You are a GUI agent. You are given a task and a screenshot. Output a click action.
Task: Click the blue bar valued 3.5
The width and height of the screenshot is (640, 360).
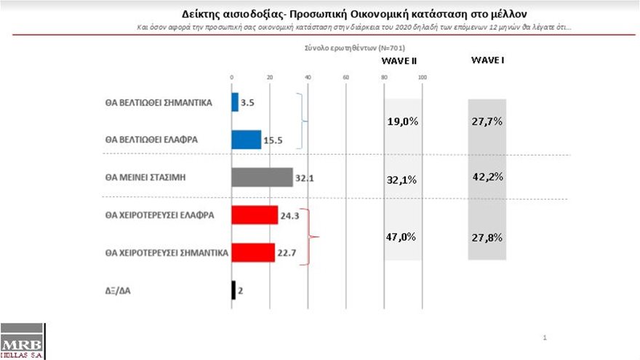click(x=235, y=103)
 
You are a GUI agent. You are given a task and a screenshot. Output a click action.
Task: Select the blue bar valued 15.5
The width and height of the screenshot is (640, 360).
click(x=246, y=140)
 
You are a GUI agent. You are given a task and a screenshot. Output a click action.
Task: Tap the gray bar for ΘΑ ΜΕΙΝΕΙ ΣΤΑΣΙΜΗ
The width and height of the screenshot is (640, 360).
click(x=262, y=177)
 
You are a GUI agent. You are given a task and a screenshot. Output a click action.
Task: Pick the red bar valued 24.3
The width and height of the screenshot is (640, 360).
click(x=255, y=215)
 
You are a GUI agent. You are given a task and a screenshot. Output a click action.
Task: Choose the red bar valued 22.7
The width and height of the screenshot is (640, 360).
click(x=253, y=252)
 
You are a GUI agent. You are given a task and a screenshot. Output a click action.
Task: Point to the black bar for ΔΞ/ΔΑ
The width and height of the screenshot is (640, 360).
click(x=233, y=290)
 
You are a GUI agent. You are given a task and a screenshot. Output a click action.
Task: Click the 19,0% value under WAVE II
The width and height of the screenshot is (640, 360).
click(x=401, y=122)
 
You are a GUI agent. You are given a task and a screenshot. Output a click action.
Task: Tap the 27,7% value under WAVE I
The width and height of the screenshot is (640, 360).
click(x=487, y=121)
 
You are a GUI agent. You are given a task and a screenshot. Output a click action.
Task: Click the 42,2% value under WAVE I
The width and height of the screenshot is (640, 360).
click(x=487, y=177)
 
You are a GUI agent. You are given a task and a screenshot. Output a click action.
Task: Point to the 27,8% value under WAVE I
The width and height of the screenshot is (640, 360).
click(x=487, y=237)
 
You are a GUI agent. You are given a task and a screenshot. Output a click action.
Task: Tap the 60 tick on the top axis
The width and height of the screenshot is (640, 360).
click(x=345, y=77)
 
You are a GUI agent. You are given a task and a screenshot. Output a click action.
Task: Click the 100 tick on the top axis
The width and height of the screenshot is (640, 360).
click(x=422, y=77)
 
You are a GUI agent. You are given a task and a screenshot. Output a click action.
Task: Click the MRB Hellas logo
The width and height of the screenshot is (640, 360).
click(x=22, y=343)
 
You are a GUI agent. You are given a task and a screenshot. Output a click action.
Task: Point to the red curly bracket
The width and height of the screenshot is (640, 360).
click(x=312, y=235)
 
